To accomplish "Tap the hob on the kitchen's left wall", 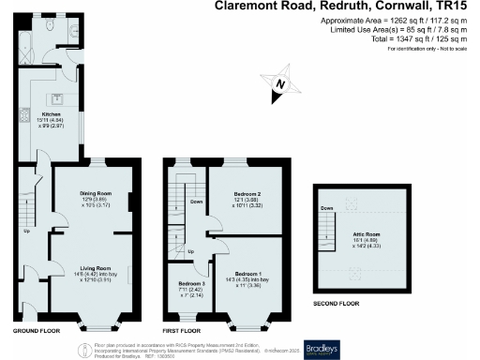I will pyautogui.click(x=20, y=121).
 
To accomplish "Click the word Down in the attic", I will pyautogui.click(x=326, y=208).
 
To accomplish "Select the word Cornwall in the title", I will pyautogui.click(x=385, y=7).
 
